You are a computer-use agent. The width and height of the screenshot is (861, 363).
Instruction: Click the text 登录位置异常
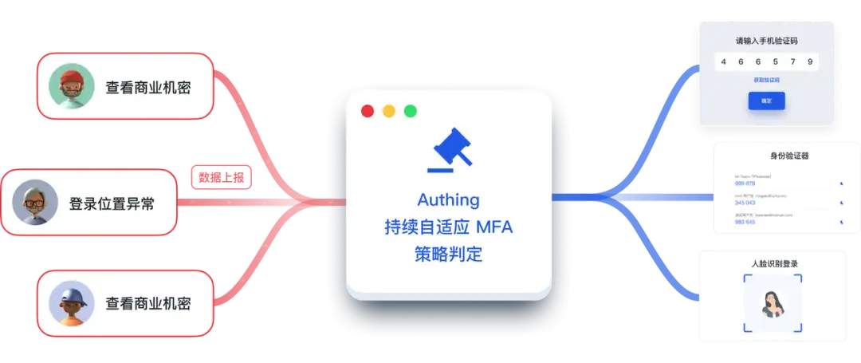112,203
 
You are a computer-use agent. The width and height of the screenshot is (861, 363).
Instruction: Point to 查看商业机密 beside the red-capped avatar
148,87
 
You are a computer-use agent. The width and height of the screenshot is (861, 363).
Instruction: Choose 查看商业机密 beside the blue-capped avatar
148,304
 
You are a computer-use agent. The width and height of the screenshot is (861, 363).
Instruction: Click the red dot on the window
368,111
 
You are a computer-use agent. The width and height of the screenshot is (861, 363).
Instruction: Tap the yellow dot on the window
389,111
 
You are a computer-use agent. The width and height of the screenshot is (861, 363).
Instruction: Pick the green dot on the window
411,111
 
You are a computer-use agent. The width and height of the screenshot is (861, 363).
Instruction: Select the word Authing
449,199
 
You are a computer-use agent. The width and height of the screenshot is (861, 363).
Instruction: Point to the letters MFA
494,227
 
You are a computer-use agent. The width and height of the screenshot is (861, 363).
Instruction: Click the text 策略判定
449,254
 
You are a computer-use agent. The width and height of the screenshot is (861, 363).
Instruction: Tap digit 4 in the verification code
723,61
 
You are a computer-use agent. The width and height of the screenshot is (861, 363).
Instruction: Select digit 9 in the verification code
810,61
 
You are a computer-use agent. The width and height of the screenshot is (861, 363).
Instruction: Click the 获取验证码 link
766,80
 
